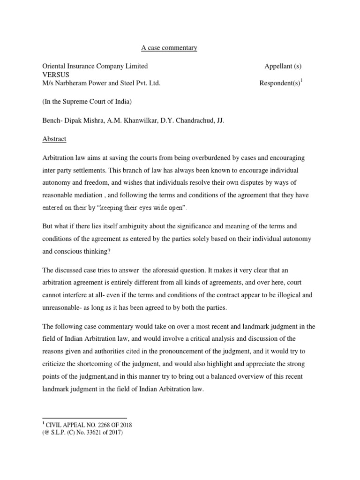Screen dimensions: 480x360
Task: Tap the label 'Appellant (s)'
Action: click(286, 66)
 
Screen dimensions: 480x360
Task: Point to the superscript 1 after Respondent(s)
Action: click(302, 81)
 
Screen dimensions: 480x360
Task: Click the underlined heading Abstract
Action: click(54, 139)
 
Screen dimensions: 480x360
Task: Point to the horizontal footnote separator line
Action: click(85, 418)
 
